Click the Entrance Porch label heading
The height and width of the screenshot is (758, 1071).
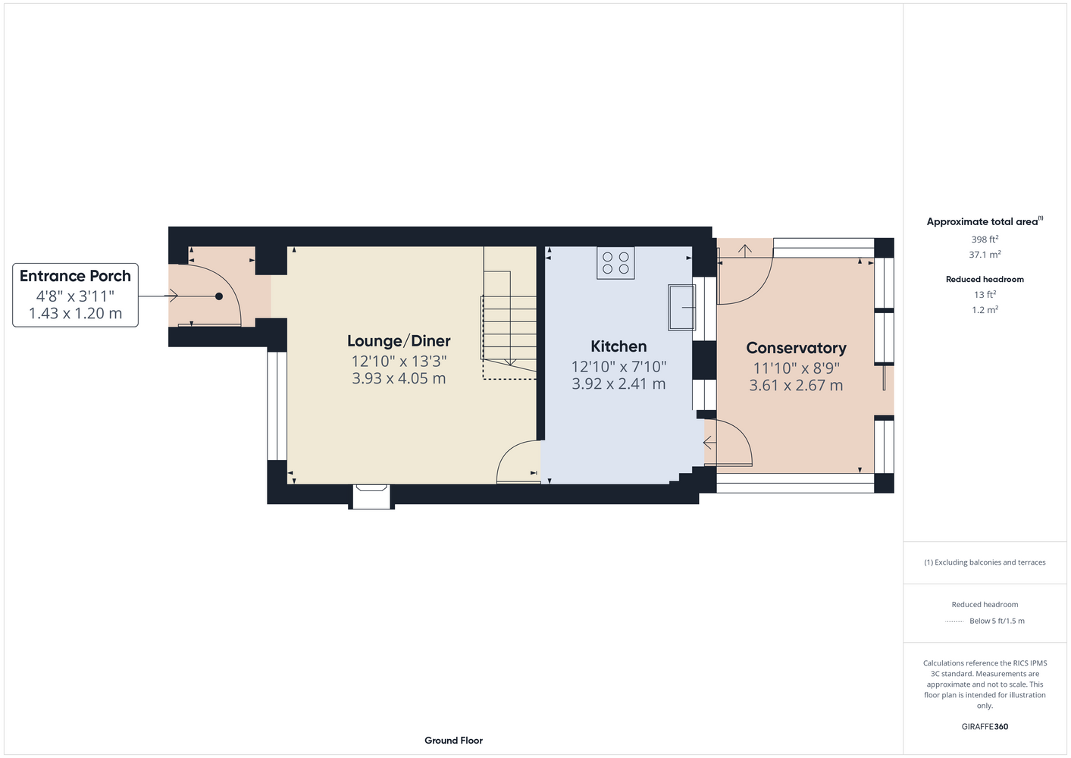point(75,276)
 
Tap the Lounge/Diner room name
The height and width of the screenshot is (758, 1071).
point(399,341)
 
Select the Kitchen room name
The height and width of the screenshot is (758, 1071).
point(618,346)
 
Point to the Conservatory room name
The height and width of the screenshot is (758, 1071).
point(796,348)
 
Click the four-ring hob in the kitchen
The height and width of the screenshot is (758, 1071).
point(615,263)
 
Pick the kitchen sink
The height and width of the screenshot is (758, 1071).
point(682,308)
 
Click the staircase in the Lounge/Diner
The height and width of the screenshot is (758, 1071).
point(509,313)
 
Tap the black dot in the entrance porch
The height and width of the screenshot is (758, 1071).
point(219,296)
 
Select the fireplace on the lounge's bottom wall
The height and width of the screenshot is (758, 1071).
point(371,496)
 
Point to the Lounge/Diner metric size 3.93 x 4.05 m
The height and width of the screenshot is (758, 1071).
point(399,378)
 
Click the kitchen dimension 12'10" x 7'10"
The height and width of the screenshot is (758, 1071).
point(618,367)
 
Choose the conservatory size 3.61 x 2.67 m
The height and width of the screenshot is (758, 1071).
point(796,386)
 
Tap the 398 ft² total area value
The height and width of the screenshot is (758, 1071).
point(985,239)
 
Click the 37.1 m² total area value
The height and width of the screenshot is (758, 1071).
point(985,255)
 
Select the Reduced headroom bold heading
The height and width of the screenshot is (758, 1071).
point(985,279)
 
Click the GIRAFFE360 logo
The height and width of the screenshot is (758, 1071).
point(985,726)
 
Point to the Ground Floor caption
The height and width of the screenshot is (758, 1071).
point(453,741)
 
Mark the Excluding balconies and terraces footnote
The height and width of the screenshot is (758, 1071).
point(985,562)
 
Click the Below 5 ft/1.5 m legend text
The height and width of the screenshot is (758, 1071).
point(997,621)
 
